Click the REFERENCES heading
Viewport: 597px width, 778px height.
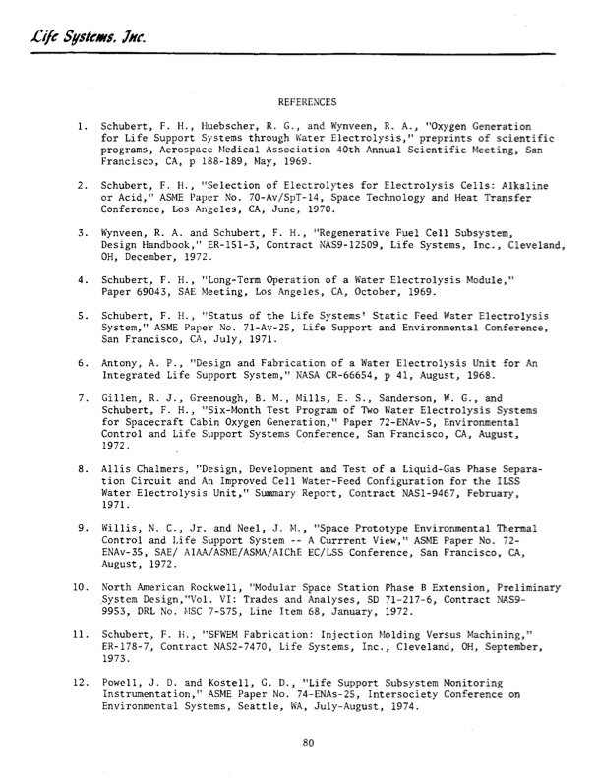(x=308, y=101)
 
